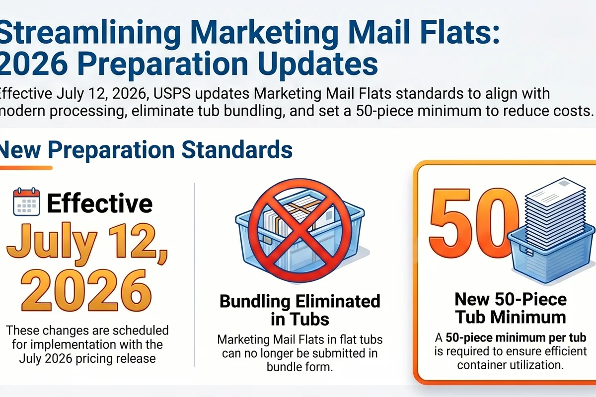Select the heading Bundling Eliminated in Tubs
coord(299,310)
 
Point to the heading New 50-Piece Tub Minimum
coord(511,308)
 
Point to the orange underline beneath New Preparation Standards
coord(25,168)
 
